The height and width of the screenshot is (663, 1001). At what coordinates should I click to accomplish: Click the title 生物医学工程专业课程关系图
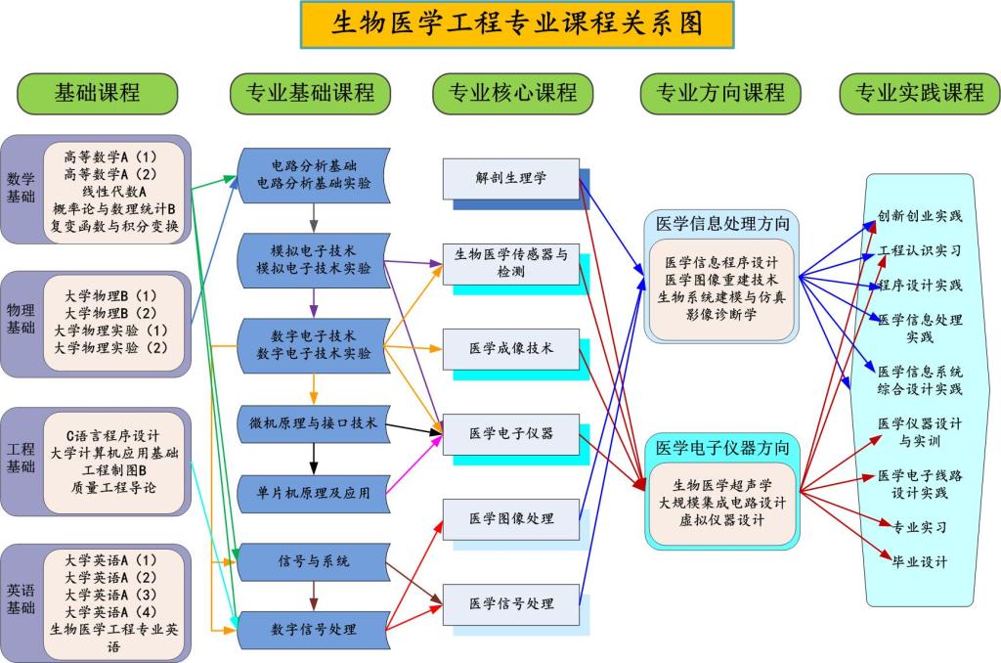[517, 24]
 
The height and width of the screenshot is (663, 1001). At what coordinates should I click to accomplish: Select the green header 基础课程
[97, 93]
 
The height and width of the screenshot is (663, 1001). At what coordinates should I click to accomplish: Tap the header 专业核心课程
[512, 93]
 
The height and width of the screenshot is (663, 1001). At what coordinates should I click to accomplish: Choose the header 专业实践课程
[919, 93]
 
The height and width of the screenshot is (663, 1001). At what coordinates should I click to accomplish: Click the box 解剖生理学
[510, 178]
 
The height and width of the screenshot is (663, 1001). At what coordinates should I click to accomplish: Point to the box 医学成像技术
[510, 348]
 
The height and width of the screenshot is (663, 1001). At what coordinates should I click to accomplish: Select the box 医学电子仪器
[510, 433]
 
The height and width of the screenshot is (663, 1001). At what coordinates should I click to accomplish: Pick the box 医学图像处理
[510, 518]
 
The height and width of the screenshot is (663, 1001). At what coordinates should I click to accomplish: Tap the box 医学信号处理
[510, 603]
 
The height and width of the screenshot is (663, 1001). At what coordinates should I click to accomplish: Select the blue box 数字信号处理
[313, 630]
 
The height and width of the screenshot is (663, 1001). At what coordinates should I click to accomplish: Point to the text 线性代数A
[114, 191]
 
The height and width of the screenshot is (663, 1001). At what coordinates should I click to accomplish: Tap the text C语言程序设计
[113, 434]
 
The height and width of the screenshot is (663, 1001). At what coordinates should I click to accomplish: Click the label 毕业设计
[919, 562]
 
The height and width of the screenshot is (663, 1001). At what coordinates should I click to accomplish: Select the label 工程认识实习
[919, 250]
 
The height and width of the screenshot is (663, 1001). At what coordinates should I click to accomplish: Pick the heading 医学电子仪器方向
[721, 448]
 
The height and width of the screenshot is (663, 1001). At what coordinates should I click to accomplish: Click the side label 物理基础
[21, 319]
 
